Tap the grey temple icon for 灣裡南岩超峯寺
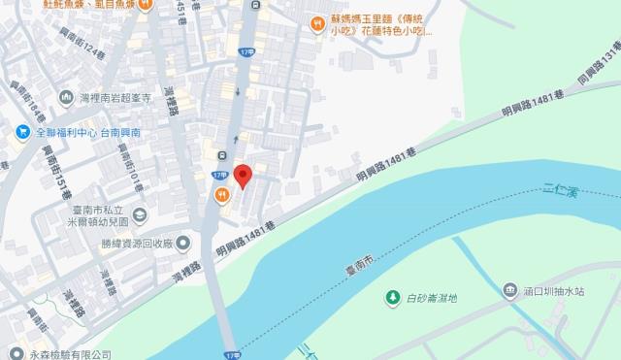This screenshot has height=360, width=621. (66, 97)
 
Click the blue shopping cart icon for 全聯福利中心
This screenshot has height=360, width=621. (21, 132)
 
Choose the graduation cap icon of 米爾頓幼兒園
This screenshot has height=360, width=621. (138, 214)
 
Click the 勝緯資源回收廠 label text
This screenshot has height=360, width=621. (138, 244)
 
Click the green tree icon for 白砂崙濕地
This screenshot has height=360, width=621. (392, 296)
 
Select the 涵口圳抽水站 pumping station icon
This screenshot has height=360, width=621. (510, 290)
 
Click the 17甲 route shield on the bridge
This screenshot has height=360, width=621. (231, 354)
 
